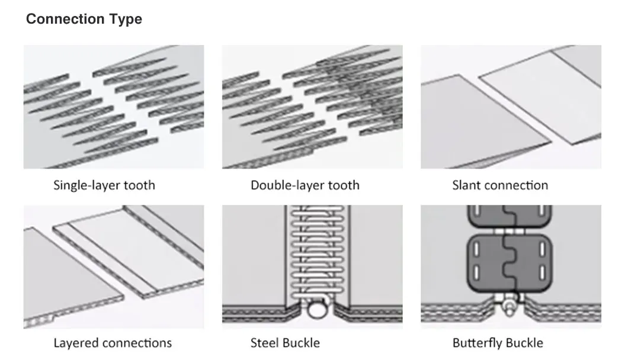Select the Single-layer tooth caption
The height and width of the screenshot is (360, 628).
pos(104,185)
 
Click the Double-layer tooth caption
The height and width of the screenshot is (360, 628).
pos(305,185)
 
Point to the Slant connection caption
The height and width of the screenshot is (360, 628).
pos(500,185)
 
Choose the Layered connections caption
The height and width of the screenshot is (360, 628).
pos(113,343)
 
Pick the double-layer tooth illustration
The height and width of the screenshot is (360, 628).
pos(312,107)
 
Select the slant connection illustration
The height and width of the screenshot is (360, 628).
pos(511,107)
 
